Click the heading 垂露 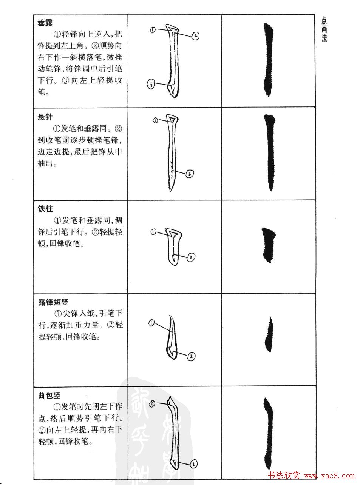coord(45,23)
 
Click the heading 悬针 coord(45,117)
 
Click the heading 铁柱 coord(45,209)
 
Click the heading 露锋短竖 coord(53,302)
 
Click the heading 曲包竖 coord(49,395)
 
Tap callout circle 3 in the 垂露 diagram coord(150,85)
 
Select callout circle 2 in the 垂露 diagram coord(195,36)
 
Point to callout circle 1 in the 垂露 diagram coord(153,30)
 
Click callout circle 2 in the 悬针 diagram coord(190,174)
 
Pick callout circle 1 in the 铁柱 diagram coord(153,232)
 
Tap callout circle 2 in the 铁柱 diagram coord(191,257)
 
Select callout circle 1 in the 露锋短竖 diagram coord(151,323)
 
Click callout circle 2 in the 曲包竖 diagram coord(194,464)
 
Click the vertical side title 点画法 coord(324,29)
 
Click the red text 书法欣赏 coord(283,476)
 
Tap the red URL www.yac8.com coord(329,476)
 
